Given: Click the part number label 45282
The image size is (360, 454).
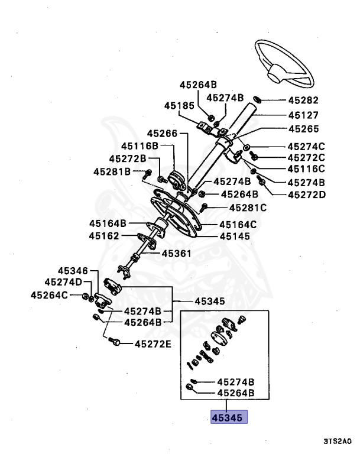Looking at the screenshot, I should pos(303,100).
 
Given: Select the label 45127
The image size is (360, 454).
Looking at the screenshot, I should pos(303,115).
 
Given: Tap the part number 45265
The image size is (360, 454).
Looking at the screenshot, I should pos(303,129).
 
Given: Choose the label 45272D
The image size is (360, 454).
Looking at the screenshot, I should pos(306,194).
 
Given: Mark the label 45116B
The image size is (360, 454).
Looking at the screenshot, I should pos(140,146).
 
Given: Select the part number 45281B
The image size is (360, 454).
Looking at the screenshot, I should pos(111,172).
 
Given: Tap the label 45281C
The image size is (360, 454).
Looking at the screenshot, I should pos(248,207).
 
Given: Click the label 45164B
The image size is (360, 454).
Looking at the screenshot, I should pos(108,223).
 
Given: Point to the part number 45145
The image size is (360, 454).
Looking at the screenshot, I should pos(235,236).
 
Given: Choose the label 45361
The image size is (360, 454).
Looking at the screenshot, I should pos(177,255).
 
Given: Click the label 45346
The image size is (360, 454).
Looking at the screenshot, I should pos(73,270).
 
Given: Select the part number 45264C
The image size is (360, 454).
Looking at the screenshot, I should pos(50,295).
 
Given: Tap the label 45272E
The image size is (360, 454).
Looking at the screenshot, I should pos(153,343).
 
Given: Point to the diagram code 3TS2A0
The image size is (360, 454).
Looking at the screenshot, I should pos(338,442).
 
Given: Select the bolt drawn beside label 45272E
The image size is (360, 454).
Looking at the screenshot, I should pos(117,342).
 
